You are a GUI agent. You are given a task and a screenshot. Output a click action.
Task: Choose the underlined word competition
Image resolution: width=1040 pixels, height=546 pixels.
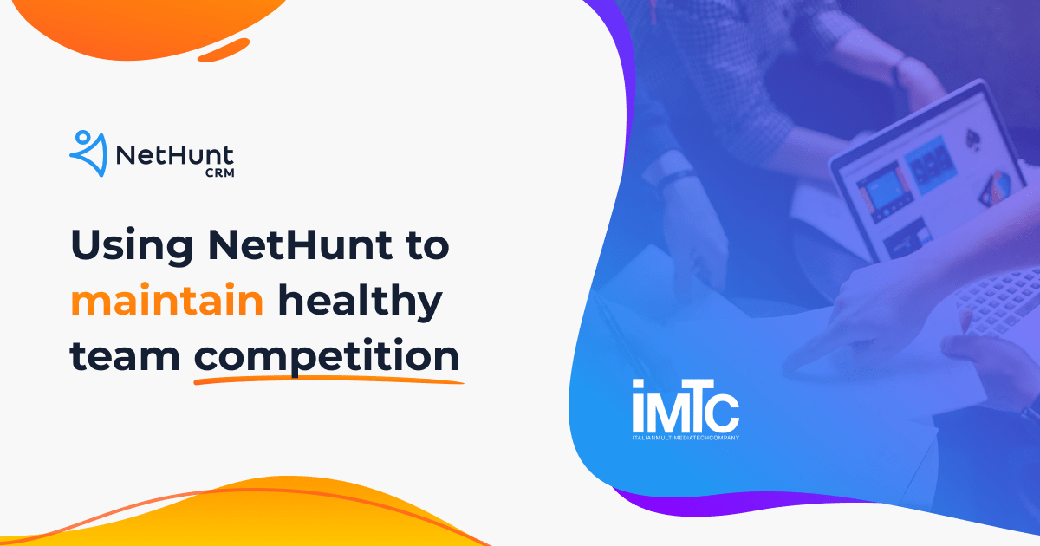click(x=326, y=357)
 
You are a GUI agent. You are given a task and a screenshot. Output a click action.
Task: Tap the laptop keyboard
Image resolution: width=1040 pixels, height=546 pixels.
click(x=997, y=295)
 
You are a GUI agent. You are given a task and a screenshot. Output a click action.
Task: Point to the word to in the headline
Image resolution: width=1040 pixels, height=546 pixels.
click(x=426, y=246)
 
